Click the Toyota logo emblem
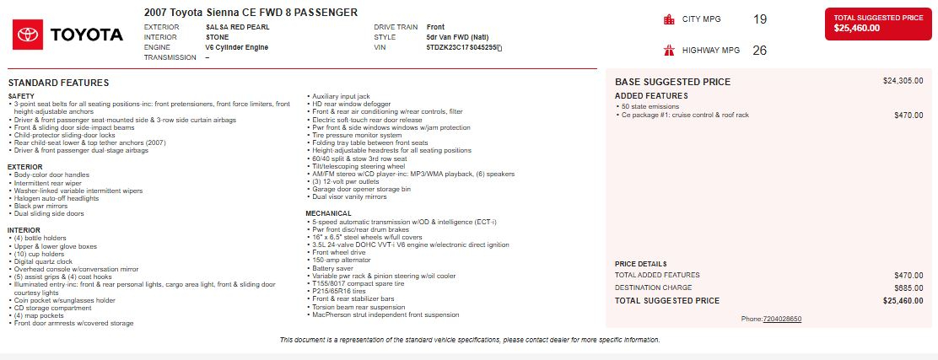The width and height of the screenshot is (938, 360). coord(27,35)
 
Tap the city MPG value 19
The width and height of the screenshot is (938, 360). coord(760,19)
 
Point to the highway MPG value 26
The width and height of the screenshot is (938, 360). coord(759,51)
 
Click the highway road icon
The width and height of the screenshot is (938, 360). coord(669,51)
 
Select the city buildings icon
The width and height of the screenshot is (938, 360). coord(669,19)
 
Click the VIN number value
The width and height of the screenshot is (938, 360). coord(464,47)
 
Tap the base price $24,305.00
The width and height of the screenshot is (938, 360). coord(903,81)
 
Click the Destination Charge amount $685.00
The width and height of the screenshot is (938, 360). coord(908,287)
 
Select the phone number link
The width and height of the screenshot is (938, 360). coord(782,319)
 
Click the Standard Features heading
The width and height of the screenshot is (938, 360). coord(58,83)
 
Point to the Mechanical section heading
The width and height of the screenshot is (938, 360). coord(328,213)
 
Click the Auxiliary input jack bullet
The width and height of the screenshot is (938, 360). coord(342,96)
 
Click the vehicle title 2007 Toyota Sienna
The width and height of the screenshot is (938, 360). coord(251,12)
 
